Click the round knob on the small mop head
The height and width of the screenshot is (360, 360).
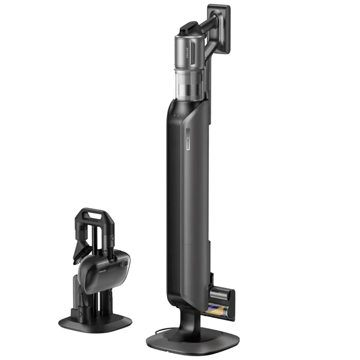coord(125,264)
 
